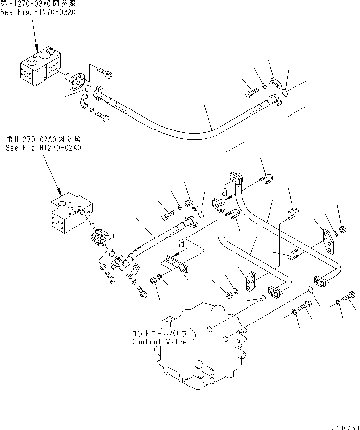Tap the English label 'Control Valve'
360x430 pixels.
tap(159, 342)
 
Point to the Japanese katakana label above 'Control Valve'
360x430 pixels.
tap(159, 333)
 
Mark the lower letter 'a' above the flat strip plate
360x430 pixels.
tap(181, 241)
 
